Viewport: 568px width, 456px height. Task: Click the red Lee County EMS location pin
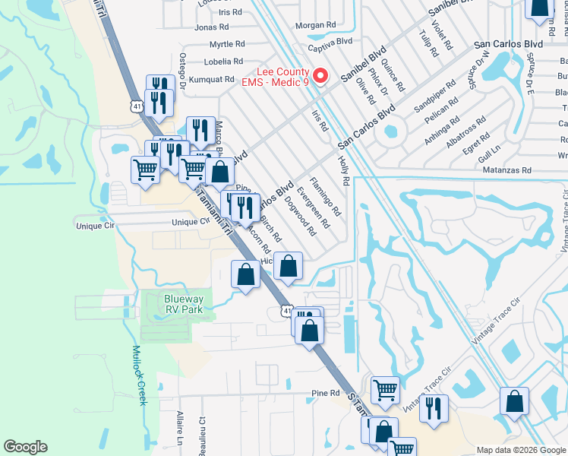[x=320, y=77]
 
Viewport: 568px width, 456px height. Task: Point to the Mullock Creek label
[x=137, y=375]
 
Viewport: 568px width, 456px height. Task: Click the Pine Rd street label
[x=325, y=393]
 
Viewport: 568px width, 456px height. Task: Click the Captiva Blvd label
[x=334, y=40]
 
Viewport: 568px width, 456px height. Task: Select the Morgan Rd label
[x=315, y=25]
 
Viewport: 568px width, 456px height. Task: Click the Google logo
[x=25, y=447]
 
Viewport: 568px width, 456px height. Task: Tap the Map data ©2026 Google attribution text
[x=519, y=450]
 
